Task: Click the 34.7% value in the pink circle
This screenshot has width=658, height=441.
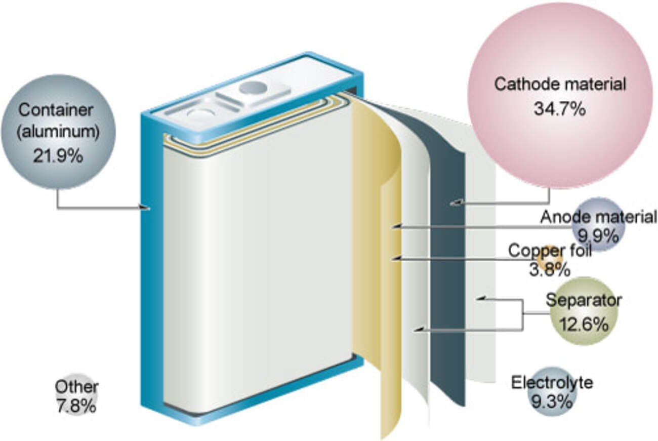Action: [560, 109]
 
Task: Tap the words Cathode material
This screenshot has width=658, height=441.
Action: [560, 84]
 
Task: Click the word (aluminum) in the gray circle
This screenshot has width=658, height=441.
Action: [58, 133]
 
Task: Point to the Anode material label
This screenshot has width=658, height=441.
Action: [598, 217]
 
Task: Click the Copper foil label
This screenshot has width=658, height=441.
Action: [550, 251]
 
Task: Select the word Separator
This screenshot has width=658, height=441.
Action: [584, 300]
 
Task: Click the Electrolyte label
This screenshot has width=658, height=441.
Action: [552, 382]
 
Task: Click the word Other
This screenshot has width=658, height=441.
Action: [76, 387]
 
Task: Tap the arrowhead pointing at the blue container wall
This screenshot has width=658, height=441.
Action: [146, 208]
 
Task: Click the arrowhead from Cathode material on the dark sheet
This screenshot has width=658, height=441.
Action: [455, 203]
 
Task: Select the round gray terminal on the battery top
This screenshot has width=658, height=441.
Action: [253, 88]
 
